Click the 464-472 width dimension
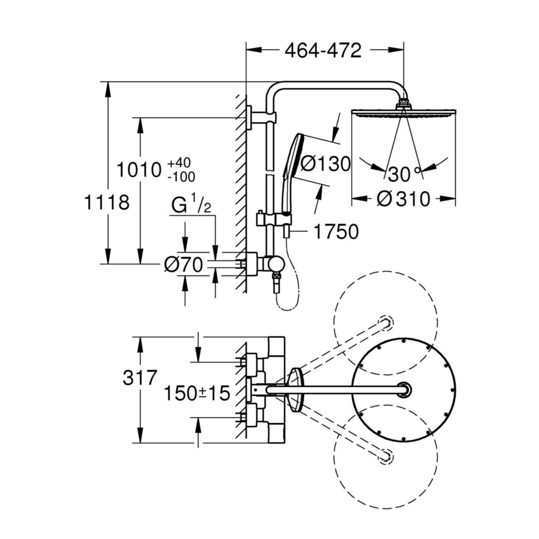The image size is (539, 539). point(323,51)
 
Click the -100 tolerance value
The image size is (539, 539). point(181,177)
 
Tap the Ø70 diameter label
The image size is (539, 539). point(184,265)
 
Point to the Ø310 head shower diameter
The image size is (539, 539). point(403,199)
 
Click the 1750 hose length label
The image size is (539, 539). point(336,232)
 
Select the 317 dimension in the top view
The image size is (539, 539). point(139,378)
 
